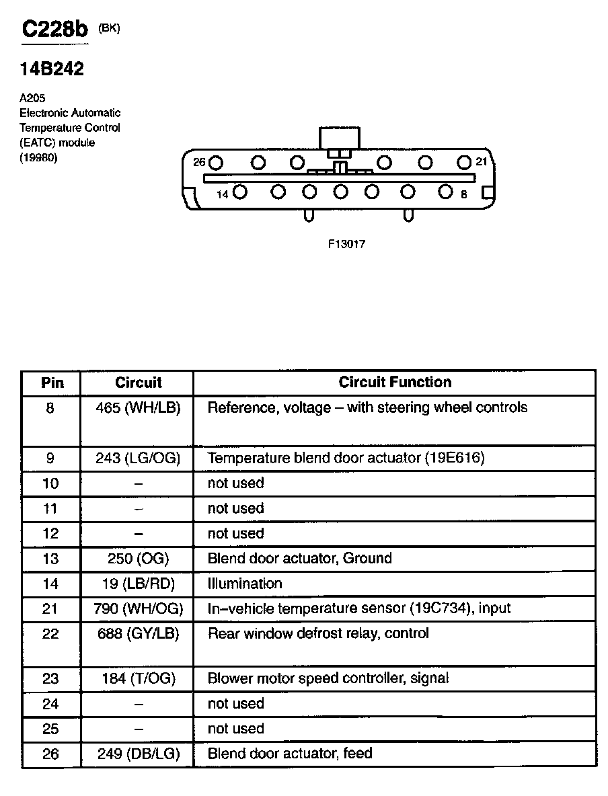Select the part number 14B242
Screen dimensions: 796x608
coord(52,69)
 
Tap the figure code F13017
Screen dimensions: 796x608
coord(346,244)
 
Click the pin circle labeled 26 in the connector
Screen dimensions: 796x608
coord(216,163)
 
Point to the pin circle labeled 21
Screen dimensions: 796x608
coord(464,162)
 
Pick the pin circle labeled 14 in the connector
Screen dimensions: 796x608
coord(240,192)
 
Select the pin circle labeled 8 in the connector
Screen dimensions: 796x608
coord(445,192)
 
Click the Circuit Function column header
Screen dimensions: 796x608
coord(395,383)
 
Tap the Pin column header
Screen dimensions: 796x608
coord(52,383)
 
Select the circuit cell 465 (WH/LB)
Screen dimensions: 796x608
coord(139,407)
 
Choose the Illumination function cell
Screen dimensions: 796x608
coord(245,584)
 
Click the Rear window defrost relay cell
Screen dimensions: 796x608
coord(318,633)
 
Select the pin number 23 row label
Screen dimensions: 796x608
coord(50,679)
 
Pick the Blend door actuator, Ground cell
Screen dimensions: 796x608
coord(299,559)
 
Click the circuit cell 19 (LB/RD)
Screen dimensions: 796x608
coord(139,584)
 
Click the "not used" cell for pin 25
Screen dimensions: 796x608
coord(235,729)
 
